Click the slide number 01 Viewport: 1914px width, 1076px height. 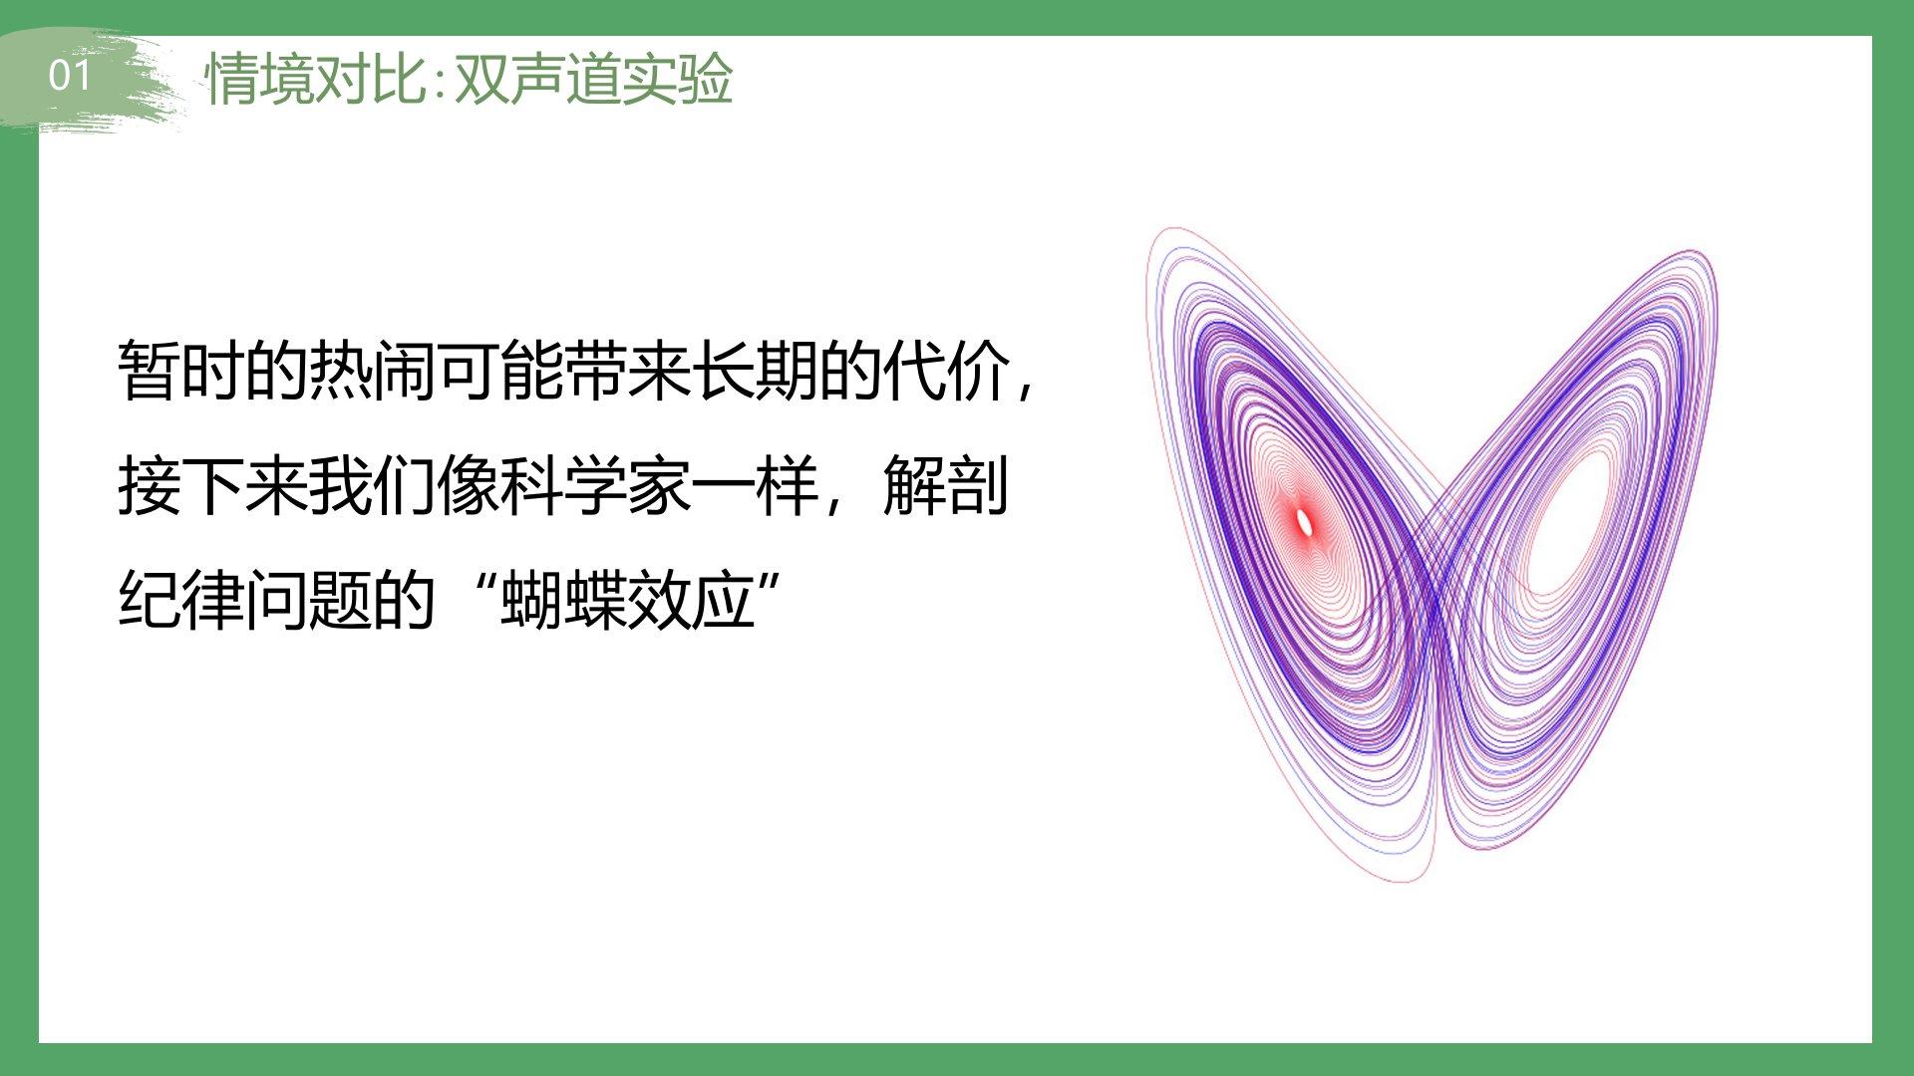69,76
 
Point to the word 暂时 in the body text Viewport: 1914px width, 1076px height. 180,371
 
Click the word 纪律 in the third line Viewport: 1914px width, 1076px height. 180,601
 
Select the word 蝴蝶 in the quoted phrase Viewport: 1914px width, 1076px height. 563,601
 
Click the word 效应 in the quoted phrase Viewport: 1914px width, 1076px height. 691,601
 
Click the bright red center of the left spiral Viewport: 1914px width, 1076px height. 1304,521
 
